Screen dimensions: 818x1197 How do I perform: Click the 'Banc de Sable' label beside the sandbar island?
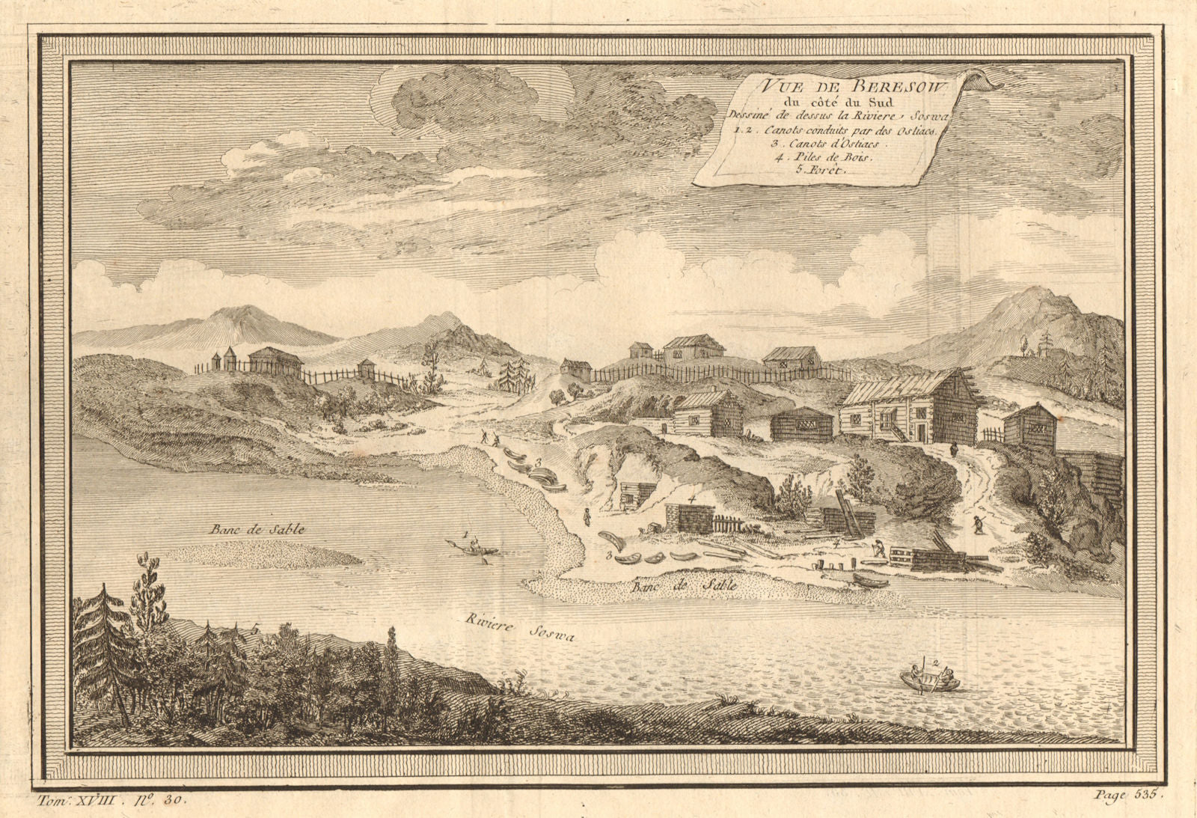coord(257,529)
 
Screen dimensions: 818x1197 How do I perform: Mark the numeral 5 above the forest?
coord(256,630)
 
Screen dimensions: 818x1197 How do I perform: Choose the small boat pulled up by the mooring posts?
coord(869,580)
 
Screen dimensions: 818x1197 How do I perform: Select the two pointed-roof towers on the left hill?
coord(224,358)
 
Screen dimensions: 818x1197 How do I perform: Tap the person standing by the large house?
coord(955,449)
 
